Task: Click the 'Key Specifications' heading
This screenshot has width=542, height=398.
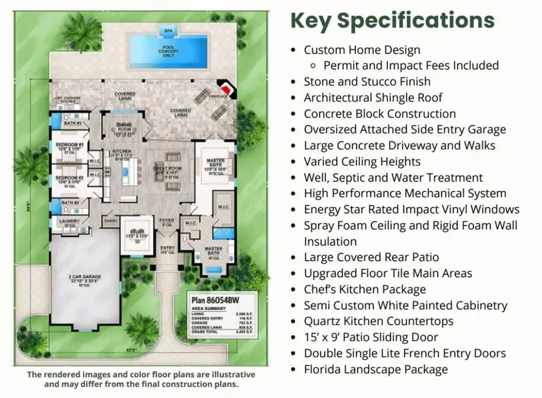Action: point(392,20)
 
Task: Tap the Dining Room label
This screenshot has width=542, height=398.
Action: point(125,128)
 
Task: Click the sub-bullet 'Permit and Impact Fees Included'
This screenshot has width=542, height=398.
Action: point(411,66)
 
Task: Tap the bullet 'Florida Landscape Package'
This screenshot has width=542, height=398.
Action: point(376,369)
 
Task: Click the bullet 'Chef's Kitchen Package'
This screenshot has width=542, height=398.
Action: point(364,289)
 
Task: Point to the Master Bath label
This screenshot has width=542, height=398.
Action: point(213,251)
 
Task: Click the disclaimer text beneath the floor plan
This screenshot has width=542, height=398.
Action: point(132,379)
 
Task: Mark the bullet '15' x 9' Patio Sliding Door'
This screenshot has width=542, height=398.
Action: point(370,337)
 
